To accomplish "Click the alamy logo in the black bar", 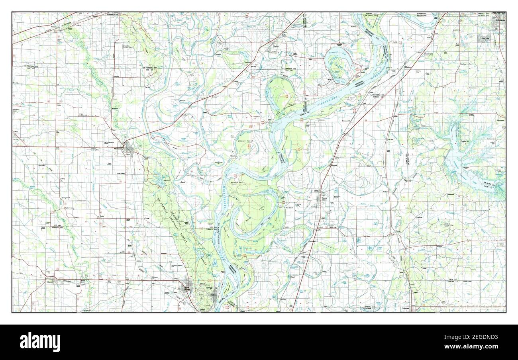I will coord(40,342).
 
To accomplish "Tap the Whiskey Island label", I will coord(246,141).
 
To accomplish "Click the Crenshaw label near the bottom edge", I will coord(406,308).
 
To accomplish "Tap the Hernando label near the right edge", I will coord(500,120).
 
